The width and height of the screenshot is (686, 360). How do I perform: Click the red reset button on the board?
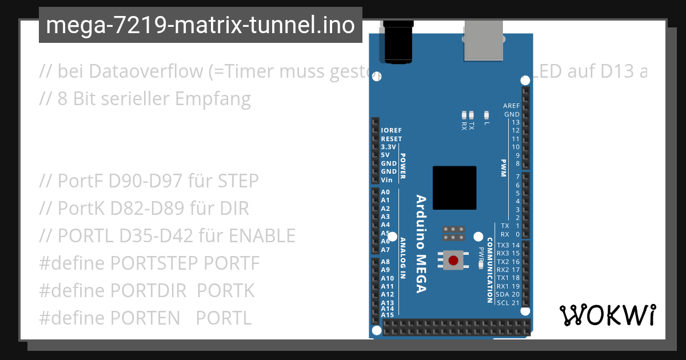[x=453, y=261]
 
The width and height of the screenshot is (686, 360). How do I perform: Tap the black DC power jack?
[x=398, y=41]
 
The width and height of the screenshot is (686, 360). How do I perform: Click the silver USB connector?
[x=483, y=40]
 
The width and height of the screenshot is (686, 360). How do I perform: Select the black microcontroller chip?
[x=454, y=187]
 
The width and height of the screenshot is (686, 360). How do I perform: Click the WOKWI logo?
[x=608, y=315]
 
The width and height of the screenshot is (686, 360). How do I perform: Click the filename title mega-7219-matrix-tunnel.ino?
[x=200, y=25]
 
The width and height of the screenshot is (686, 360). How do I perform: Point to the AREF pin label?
[x=511, y=106]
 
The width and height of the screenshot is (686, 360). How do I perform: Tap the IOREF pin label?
[x=392, y=131]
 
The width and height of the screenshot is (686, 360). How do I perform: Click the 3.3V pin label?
[x=389, y=147]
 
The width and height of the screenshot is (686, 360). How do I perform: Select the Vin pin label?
[x=386, y=180]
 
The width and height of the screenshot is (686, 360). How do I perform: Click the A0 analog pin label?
[x=385, y=193]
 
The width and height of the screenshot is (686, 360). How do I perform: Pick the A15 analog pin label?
[x=388, y=315]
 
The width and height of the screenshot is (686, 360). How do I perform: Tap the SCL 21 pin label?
[x=508, y=303]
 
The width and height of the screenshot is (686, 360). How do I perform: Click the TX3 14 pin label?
[x=508, y=245]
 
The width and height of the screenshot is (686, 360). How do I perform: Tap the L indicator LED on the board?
[x=486, y=115]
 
